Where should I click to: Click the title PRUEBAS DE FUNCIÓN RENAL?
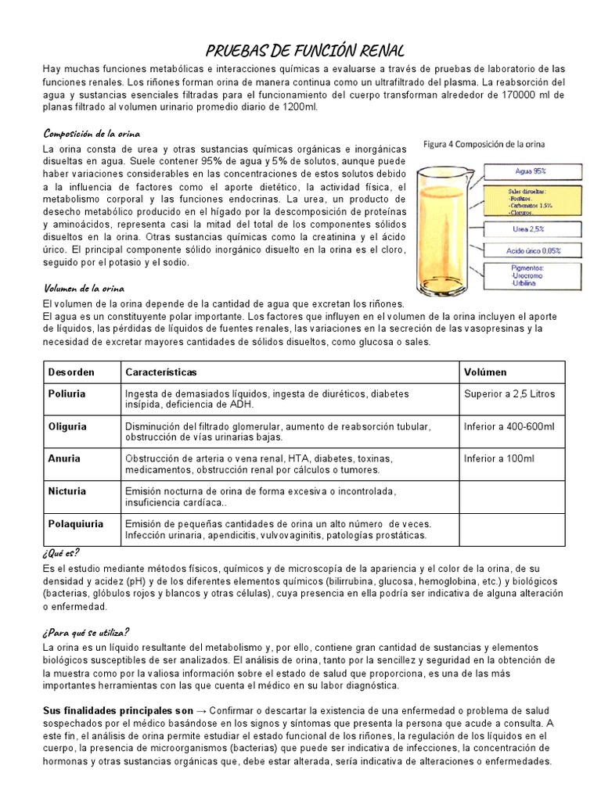305,52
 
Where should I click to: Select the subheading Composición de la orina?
92,132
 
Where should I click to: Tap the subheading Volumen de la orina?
84,288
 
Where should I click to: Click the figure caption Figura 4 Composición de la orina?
485,145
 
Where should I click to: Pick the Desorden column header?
71,372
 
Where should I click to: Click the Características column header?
161,372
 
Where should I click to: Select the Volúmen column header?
485,372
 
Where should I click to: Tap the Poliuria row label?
67,394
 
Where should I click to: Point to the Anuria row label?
64,458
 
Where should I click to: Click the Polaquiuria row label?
76,523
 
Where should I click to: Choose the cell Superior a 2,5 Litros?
509,394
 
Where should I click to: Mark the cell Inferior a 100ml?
498,458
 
